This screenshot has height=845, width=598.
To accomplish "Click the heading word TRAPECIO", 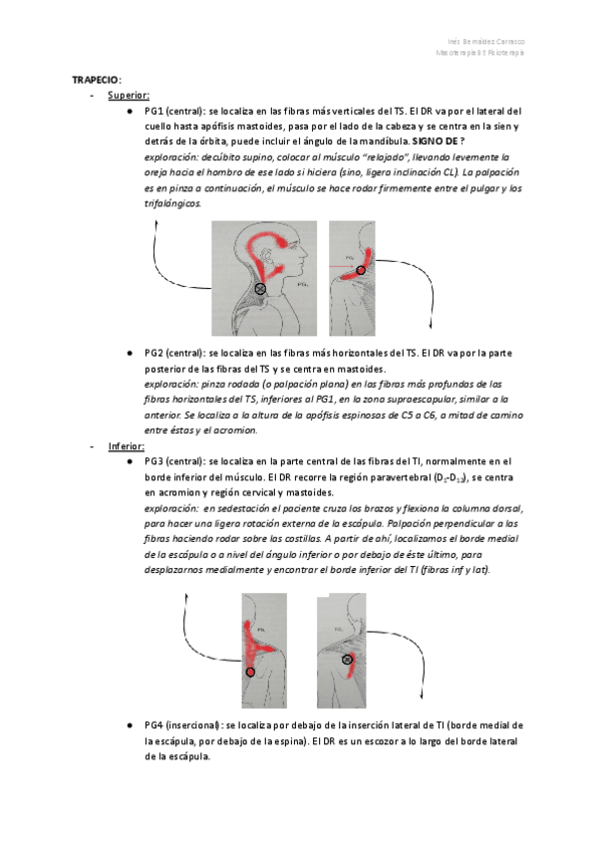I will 96,79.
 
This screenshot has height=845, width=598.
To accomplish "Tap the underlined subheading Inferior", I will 127,446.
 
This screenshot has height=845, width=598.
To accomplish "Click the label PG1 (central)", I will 174,112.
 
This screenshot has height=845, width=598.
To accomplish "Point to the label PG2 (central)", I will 174,353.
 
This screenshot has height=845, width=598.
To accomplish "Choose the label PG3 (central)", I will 174,462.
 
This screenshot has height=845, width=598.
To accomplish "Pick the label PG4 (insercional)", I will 183,725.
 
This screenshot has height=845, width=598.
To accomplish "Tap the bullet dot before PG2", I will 131,353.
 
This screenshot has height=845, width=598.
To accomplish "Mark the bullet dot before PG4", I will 131,725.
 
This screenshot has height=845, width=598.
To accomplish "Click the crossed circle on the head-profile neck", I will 260,288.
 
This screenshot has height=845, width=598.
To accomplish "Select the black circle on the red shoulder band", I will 360,270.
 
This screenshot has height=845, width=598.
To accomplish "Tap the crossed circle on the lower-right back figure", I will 347,660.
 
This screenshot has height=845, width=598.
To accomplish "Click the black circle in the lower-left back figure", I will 250,672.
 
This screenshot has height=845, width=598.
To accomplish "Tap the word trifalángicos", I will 172,203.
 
